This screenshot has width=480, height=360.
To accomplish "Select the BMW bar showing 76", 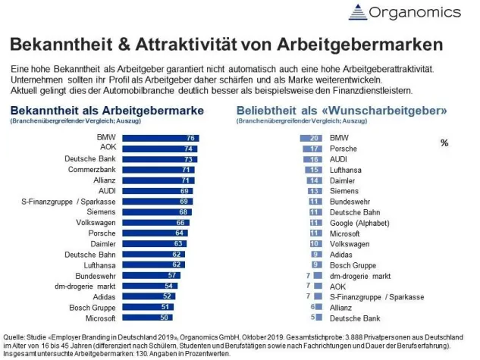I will tap(160, 138).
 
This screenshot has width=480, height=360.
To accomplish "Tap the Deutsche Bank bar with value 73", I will tap(158, 159).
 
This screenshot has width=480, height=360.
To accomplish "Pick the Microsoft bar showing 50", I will tap(146, 318).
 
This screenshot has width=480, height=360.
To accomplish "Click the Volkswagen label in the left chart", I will tap(92, 223).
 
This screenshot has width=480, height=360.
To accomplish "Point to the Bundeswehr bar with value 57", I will tap(149, 276).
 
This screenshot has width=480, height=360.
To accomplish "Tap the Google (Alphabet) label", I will tap(360, 223).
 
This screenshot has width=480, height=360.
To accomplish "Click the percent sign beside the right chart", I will tap(444, 142).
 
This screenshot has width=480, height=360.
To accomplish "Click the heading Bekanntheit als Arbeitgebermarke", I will tap(108, 110).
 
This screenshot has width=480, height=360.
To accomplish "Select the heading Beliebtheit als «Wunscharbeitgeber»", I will tap(341, 110).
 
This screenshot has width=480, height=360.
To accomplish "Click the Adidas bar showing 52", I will tap(146, 297).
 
